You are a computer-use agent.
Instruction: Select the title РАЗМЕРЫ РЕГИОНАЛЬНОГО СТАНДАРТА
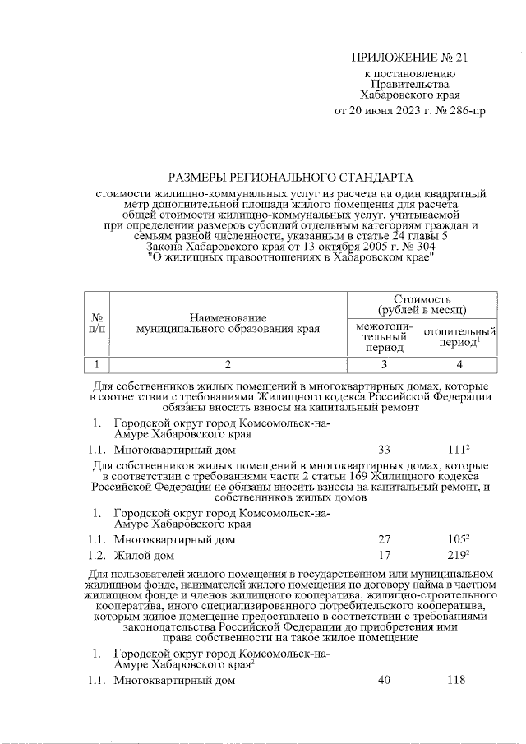click(289, 177)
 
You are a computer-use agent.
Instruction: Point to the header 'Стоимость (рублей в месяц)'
click(421, 303)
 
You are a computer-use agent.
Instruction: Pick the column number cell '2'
click(228, 364)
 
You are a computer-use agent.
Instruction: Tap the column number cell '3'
click(384, 364)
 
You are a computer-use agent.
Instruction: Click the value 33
click(384, 450)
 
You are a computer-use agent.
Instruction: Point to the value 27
click(384, 539)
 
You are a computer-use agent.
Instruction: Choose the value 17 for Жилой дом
click(384, 555)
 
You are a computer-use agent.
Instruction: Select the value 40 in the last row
click(384, 680)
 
